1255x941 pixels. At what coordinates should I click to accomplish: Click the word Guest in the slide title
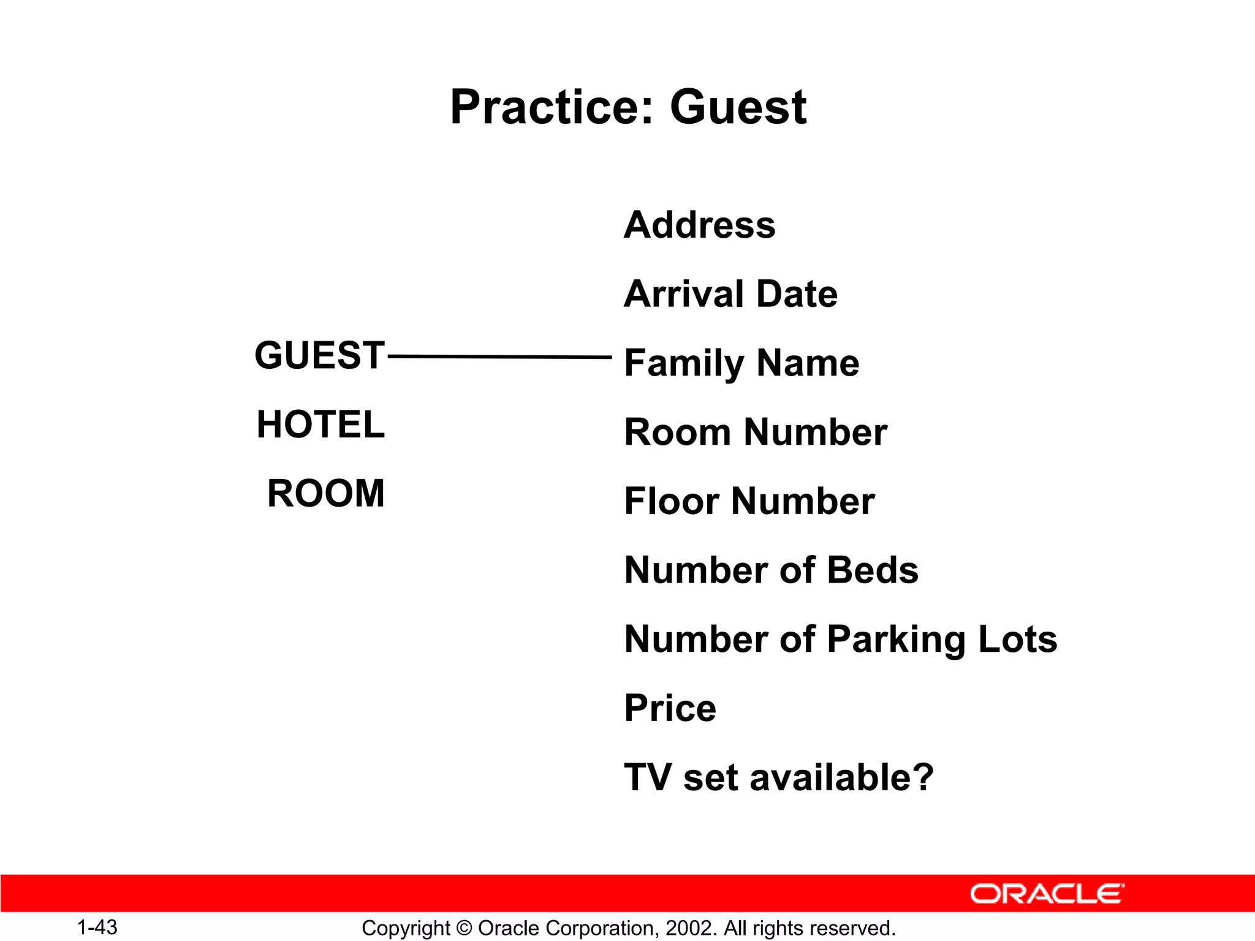[738, 107]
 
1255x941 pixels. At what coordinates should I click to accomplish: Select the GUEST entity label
[319, 355]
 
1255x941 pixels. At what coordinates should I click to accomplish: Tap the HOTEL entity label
[320, 425]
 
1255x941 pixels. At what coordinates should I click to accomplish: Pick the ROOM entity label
[326, 493]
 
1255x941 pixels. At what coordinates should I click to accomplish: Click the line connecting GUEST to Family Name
[499, 356]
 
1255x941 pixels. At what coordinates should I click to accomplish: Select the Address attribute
[699, 225]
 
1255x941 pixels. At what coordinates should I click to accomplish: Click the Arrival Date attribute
[730, 294]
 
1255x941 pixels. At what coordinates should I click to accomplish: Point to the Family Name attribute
[741, 363]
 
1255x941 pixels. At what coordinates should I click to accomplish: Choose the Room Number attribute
[756, 433]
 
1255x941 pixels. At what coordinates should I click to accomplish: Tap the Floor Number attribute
[749, 501]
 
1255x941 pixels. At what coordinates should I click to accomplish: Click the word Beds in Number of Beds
[873, 570]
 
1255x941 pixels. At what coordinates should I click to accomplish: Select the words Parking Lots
[942, 640]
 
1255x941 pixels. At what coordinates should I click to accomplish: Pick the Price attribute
[670, 708]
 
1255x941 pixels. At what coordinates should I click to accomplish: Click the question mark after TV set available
[922, 777]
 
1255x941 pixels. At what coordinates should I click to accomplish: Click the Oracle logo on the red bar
[1047, 894]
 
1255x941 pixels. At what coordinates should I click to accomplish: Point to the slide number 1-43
[97, 928]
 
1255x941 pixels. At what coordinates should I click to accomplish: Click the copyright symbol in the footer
[464, 928]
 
